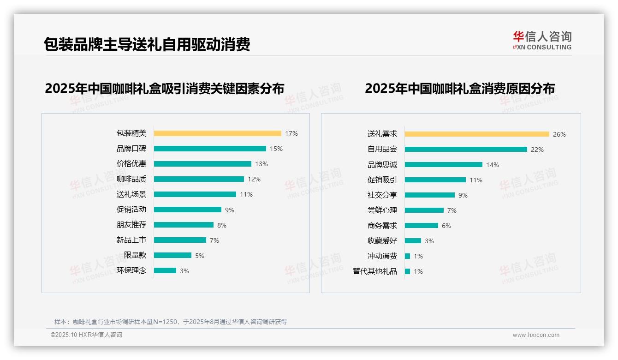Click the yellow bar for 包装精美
217,133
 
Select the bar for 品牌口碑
210,149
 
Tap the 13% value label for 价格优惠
261,164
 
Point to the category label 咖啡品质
131,179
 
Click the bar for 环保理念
165,270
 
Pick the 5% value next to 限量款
199,256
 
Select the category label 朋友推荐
131,225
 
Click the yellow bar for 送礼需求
477,134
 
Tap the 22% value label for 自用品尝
537,150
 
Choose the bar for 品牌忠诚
444,165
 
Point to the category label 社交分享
382,195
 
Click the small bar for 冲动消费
408,256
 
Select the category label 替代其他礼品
374,271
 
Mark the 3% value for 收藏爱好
429,241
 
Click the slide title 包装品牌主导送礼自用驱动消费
147,44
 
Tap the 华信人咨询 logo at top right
542,40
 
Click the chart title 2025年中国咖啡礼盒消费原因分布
459,88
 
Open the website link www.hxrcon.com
536,335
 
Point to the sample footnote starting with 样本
171,322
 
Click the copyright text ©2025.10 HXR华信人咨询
86,335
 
